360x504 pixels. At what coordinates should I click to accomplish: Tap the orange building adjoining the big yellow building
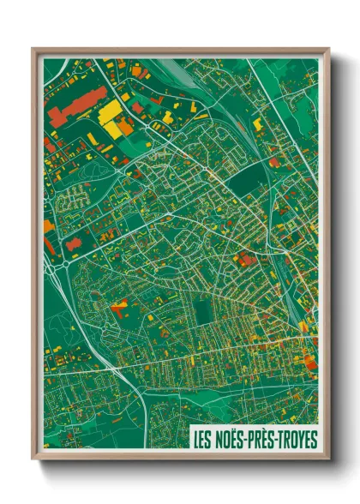pyautogui.click(x=125, y=127)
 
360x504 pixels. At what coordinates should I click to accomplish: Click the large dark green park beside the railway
pyautogui.click(x=248, y=179)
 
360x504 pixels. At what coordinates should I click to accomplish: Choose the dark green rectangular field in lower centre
pyautogui.click(x=203, y=314)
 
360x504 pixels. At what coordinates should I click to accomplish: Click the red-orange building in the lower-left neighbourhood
pyautogui.click(x=119, y=303)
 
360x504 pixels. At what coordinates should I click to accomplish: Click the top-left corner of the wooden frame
pyautogui.click(x=33, y=50)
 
